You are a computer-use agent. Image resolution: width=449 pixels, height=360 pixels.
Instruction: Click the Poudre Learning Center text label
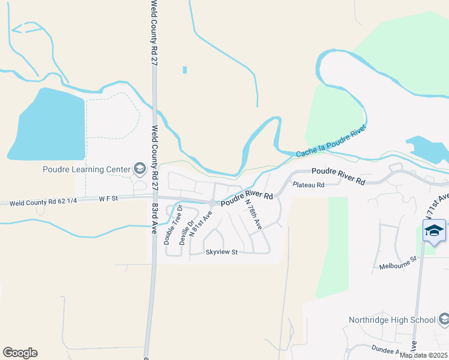coord(86,169)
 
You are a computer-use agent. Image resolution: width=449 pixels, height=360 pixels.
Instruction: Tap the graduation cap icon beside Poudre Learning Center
coord(140,169)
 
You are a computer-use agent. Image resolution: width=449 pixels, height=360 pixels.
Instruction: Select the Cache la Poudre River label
coord(330,143)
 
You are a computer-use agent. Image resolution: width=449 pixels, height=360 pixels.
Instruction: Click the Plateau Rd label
coord(309,185)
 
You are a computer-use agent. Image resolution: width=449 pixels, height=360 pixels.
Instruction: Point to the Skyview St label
coord(222,252)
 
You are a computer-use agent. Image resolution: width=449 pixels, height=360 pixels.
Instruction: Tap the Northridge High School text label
coord(393,320)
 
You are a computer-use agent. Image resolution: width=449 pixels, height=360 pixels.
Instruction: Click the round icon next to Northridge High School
coord(443,320)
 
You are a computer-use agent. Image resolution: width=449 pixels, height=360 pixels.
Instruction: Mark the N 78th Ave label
coord(253,214)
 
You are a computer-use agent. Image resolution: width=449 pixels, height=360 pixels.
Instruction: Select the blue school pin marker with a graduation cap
coord(434,231)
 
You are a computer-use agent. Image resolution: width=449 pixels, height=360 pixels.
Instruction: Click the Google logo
coord(20,353)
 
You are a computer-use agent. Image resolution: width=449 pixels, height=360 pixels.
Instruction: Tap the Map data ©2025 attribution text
coord(423,355)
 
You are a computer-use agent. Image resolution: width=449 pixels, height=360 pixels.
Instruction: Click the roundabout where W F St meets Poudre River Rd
coord(212,202)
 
